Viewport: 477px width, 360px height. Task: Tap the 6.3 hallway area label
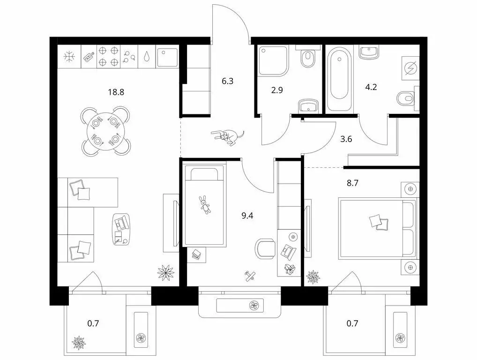coord(228,81)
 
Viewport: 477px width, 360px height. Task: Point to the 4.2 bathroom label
coord(372,86)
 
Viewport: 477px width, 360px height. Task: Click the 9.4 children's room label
coord(246,216)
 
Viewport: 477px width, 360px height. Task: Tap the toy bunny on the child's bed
coord(205,204)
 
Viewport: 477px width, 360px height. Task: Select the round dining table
coord(106,131)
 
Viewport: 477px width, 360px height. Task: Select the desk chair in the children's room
coord(266,248)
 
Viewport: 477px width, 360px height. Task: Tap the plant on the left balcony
coord(78,341)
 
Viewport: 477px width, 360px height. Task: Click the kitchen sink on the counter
coord(167,57)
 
